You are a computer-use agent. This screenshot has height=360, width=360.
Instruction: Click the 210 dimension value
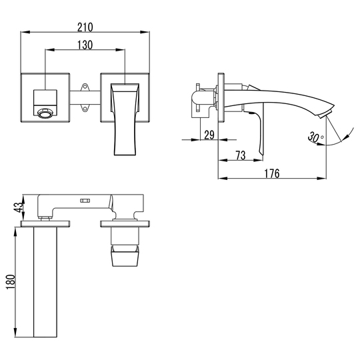(85, 27)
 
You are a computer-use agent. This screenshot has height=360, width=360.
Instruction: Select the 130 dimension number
(85, 45)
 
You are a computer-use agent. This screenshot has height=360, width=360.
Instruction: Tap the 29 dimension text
(209, 135)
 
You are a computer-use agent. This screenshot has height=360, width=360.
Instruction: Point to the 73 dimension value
(241, 155)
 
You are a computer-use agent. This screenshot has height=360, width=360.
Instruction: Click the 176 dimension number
(272, 173)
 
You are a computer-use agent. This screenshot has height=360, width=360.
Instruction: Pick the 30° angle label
(315, 137)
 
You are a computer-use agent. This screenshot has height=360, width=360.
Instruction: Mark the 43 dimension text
(19, 207)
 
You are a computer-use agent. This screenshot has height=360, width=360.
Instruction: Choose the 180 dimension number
(11, 281)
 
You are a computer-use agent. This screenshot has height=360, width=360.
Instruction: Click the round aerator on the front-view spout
(45, 113)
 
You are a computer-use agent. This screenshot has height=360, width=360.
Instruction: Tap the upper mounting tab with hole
(85, 87)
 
